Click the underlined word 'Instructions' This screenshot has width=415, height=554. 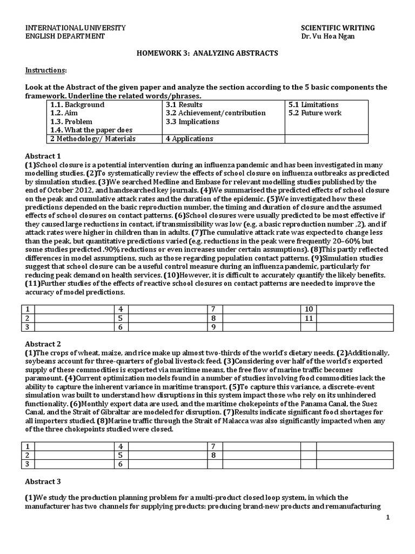46,70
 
